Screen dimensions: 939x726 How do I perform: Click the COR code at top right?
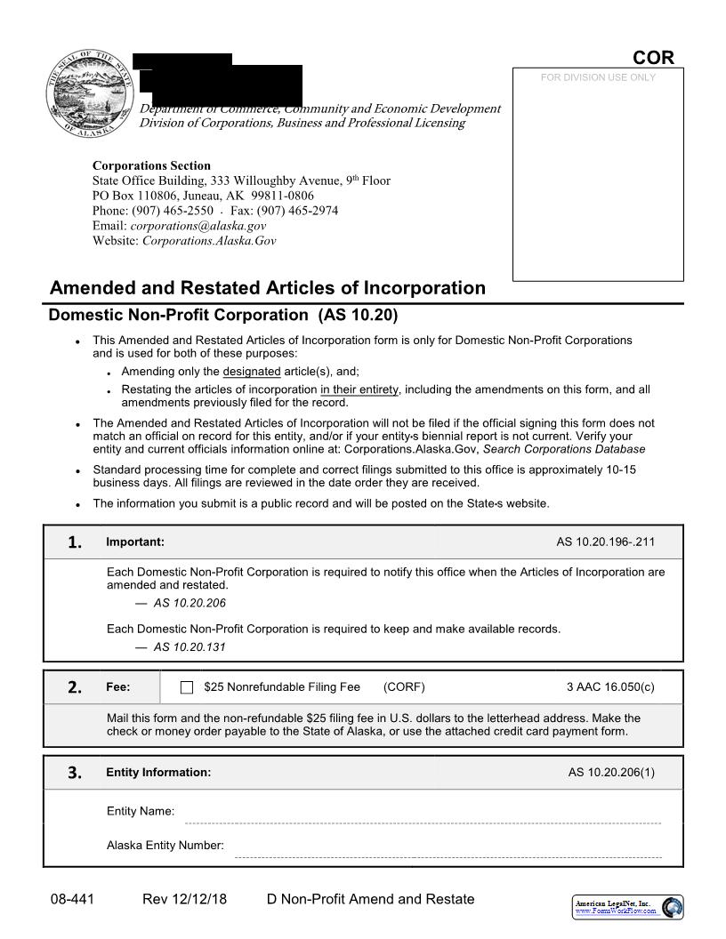(x=653, y=58)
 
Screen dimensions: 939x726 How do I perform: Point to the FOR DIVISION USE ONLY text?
(x=597, y=77)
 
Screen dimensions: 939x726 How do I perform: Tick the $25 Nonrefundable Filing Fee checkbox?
(x=187, y=687)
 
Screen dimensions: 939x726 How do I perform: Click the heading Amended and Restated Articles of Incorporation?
(x=268, y=288)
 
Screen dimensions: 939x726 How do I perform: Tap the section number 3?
(x=76, y=773)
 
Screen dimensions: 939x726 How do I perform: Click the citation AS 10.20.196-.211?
(x=605, y=542)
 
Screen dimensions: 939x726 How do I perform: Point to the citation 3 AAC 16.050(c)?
(x=609, y=686)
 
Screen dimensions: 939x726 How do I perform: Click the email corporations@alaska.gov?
(x=204, y=226)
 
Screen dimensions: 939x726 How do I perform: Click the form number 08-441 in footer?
(x=72, y=899)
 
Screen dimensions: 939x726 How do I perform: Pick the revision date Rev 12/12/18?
(x=184, y=899)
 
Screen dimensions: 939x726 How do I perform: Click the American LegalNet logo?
(x=626, y=907)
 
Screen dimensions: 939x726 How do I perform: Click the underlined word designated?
(x=251, y=372)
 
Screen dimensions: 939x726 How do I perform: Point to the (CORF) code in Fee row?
(x=404, y=686)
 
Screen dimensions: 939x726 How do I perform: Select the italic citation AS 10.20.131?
(x=190, y=647)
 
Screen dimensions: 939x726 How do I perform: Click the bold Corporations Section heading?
(x=151, y=165)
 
